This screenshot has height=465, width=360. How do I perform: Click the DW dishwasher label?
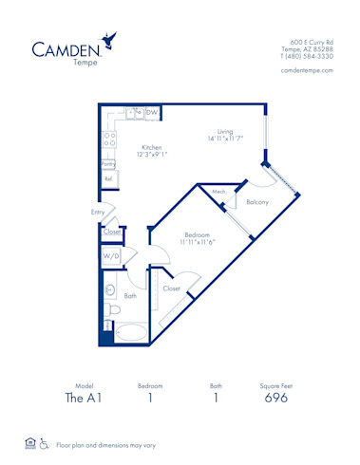tap(152, 113)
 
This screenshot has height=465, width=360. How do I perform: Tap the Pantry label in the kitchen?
tap(108, 163)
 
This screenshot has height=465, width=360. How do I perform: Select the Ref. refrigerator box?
tap(108, 178)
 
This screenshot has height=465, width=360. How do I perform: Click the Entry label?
tap(98, 212)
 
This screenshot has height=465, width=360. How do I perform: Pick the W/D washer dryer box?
tap(111, 255)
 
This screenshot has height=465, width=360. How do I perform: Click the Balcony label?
tap(257, 202)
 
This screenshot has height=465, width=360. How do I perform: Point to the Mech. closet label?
tap(218, 192)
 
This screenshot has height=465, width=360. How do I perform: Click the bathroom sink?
tap(109, 290)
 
